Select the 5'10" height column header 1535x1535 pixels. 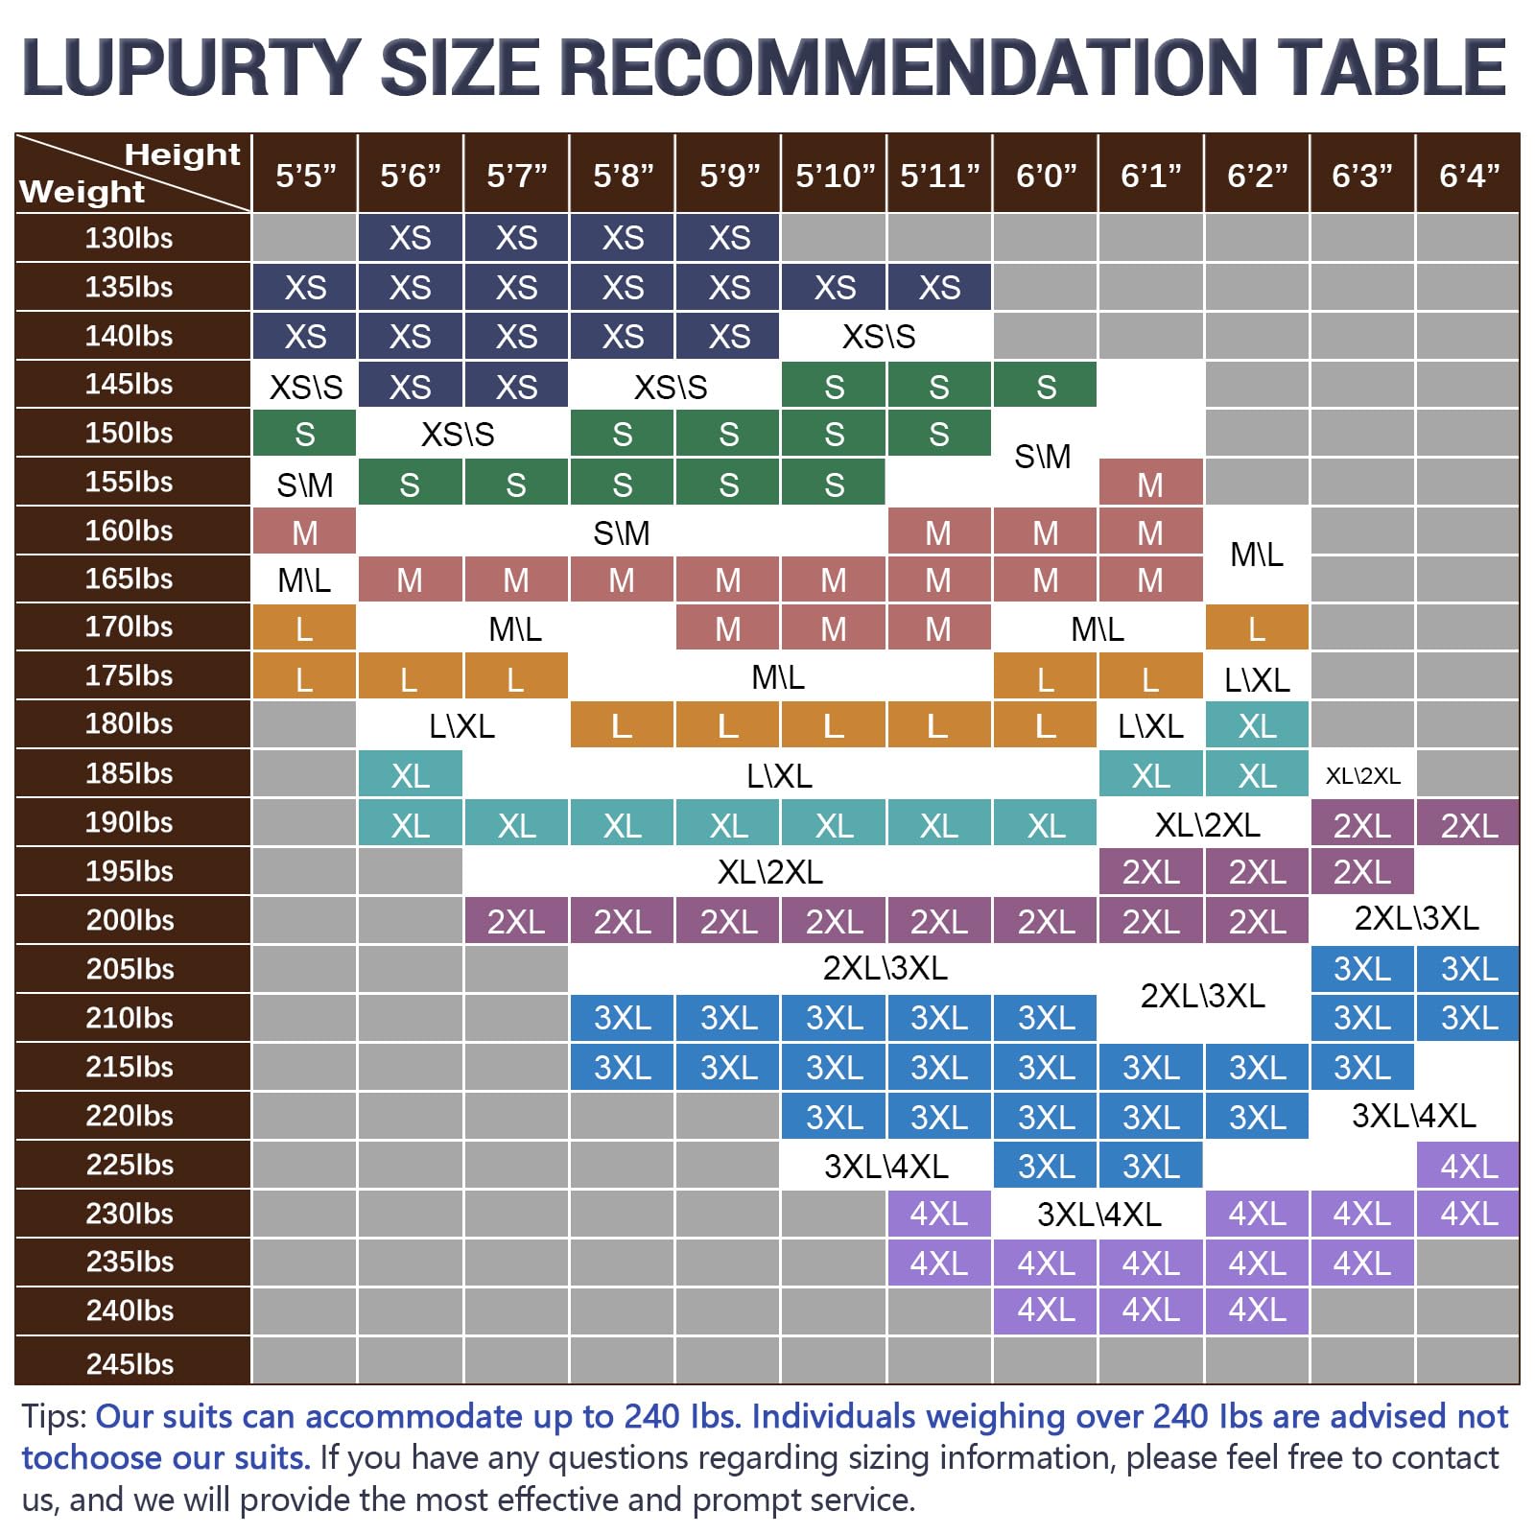835,176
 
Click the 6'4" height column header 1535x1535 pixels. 1469,176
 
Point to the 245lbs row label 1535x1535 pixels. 130,1363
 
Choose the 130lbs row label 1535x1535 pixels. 129,237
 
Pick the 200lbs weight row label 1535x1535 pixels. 130,920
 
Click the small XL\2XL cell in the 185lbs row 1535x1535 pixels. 1362,775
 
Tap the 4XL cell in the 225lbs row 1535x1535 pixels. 1469,1166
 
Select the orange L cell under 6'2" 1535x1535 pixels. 1257,628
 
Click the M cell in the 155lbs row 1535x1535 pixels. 1150,484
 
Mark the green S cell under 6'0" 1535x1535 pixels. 1046,386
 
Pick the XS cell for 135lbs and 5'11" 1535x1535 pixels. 939,287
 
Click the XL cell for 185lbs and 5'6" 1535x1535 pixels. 410,775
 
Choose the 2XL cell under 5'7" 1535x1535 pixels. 516,921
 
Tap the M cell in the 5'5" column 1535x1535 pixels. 304,531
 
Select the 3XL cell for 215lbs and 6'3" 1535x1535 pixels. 1362,1067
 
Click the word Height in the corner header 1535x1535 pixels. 182,154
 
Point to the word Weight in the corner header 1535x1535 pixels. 83,192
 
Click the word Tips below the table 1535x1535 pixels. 54,1417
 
